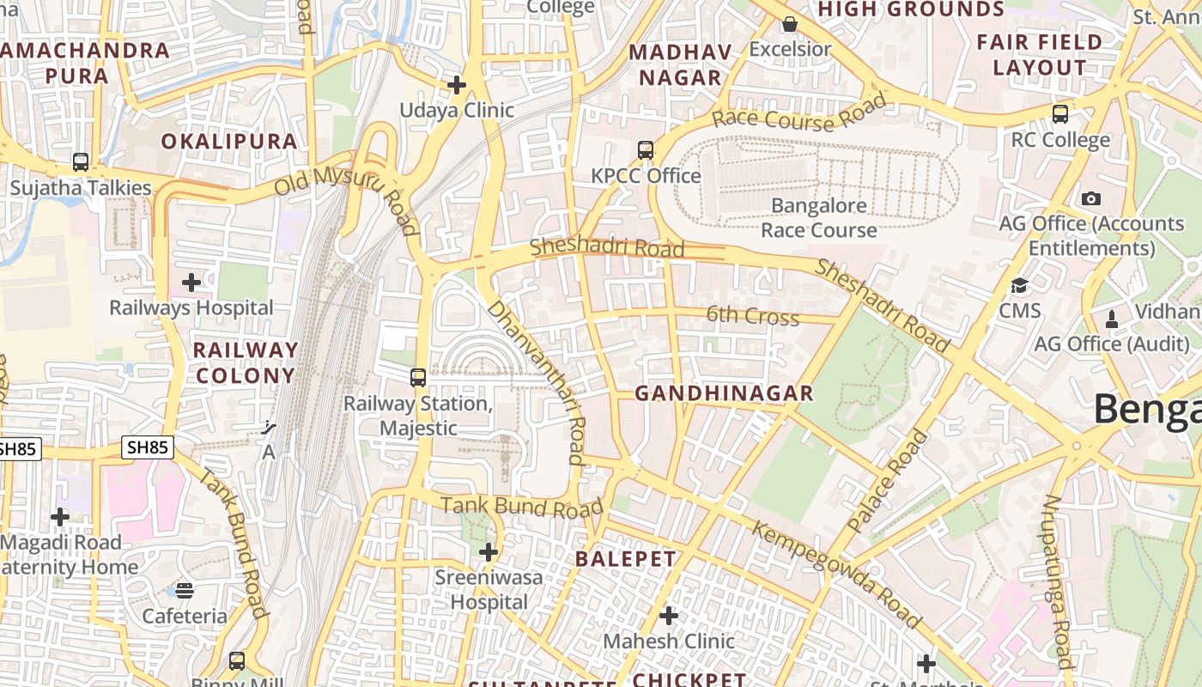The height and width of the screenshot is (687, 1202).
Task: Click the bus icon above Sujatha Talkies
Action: (81, 161)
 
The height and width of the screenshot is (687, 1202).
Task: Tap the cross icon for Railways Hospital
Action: (191, 282)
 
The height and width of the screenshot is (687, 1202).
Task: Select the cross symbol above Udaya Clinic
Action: (457, 84)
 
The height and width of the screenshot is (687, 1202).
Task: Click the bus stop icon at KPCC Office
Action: (646, 150)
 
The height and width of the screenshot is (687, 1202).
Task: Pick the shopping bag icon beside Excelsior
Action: (790, 24)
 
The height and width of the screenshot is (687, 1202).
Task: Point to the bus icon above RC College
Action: (1060, 113)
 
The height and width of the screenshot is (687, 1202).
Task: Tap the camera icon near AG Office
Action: (1091, 198)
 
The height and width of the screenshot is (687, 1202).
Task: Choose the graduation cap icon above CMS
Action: (1019, 285)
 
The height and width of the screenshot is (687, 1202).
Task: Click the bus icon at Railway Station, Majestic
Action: (418, 377)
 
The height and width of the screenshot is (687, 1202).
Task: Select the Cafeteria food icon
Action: (185, 590)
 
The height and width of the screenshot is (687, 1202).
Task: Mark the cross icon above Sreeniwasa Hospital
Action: (489, 551)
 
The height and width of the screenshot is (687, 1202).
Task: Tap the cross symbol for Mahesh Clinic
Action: (669, 615)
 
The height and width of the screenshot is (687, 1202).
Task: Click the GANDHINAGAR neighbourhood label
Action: (724, 393)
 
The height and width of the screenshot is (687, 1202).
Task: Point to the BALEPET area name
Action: (626, 559)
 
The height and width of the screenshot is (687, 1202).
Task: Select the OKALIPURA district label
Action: (229, 142)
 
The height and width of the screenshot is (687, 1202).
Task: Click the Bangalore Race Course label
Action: (819, 218)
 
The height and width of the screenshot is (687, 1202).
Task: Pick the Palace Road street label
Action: (888, 481)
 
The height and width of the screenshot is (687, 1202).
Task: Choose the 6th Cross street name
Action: (752, 316)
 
